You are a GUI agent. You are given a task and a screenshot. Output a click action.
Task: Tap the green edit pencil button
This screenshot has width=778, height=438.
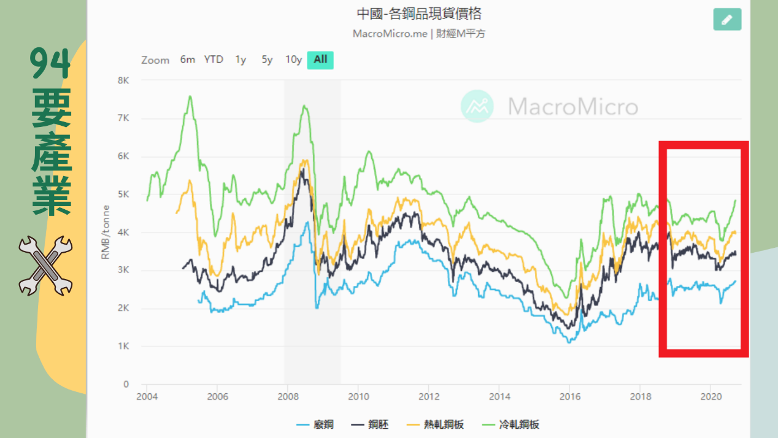(x=727, y=20)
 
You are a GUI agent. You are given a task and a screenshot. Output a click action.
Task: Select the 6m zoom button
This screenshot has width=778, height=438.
(x=187, y=60)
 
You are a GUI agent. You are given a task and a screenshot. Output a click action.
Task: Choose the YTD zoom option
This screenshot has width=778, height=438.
(x=214, y=60)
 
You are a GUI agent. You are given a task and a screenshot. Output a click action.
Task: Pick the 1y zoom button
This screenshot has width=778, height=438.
(x=241, y=60)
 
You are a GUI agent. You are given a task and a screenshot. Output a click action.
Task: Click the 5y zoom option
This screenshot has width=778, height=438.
(x=267, y=60)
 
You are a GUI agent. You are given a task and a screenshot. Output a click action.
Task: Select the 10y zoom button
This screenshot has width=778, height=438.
(x=293, y=60)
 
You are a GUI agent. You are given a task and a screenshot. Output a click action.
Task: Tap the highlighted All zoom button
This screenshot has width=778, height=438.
(x=320, y=60)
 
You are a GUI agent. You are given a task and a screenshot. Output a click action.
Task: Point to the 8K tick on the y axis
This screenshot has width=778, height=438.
(x=123, y=80)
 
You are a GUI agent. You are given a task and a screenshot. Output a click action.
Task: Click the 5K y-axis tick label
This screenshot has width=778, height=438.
(x=123, y=194)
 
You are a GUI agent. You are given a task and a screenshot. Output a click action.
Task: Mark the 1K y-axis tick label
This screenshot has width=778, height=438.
(x=123, y=347)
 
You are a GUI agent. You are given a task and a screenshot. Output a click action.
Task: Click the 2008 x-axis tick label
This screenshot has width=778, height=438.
(x=288, y=396)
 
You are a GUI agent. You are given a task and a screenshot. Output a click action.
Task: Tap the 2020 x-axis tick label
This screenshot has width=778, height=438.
(x=711, y=396)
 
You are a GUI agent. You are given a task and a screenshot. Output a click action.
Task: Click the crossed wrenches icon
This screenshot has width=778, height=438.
(x=45, y=266)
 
